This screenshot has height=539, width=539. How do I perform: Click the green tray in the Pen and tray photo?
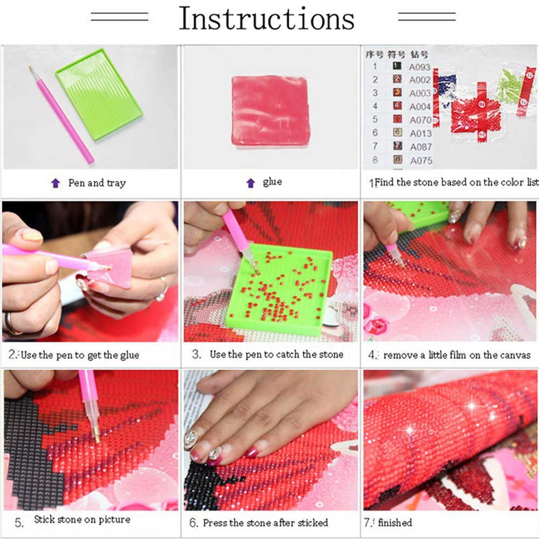coord(99,95)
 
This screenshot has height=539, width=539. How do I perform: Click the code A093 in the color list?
coord(420,67)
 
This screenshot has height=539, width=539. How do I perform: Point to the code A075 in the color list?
coord(421,161)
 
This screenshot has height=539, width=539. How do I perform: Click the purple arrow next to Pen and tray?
coord(56,183)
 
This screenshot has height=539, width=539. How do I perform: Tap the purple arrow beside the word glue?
coord(251,183)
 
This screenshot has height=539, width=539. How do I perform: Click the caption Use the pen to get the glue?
coord(79,355)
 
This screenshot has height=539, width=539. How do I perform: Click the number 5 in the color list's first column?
coord(375,119)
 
